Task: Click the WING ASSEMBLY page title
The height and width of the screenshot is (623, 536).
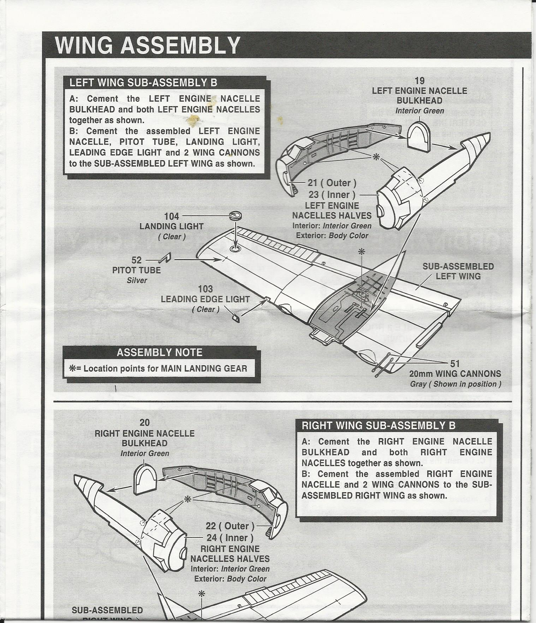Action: coord(148,45)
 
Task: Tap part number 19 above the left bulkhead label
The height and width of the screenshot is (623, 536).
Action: coord(419,81)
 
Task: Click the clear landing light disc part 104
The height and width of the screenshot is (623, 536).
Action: coord(236,215)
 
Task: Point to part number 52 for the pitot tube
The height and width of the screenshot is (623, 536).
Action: coord(136,260)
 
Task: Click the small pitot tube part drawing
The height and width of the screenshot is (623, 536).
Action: coord(165,258)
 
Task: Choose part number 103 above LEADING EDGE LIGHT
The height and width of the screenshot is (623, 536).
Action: coord(205,289)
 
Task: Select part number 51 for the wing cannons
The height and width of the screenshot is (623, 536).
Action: coord(455,363)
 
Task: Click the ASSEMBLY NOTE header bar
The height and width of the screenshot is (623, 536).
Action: coord(160,353)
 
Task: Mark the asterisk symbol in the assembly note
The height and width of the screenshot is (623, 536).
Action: coord(72,368)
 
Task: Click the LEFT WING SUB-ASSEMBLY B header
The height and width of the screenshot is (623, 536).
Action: coord(143,83)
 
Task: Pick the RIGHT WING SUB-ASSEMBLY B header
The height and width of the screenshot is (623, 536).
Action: coord(379,426)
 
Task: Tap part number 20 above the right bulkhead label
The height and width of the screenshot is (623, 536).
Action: coord(144,423)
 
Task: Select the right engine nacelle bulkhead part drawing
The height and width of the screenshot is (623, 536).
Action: coord(145,479)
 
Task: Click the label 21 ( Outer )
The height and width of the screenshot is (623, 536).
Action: coord(332,183)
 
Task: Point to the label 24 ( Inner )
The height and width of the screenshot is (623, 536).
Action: coord(230,537)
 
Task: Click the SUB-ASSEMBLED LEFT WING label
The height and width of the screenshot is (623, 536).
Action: coord(458,271)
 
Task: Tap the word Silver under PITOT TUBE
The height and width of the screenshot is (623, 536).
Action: coord(137,280)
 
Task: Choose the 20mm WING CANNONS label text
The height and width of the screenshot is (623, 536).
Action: coord(455,374)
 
